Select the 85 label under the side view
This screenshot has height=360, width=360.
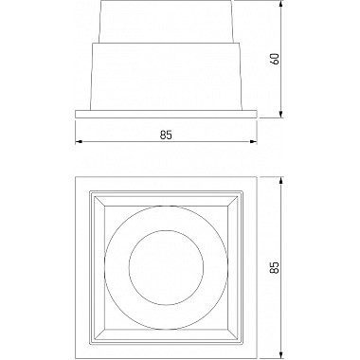coord(166,135)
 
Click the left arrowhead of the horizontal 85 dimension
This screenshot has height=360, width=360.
coord(79,144)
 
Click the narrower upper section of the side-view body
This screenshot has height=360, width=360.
coord(166,25)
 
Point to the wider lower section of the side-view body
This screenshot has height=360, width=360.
coord(166,76)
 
